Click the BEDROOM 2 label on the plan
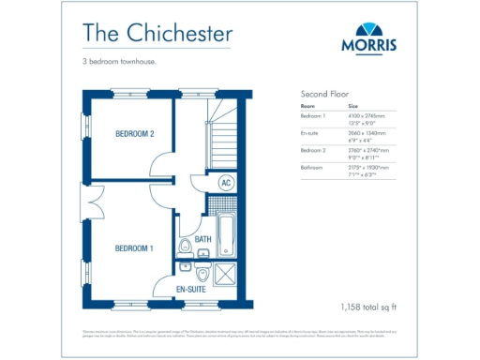pos(134,134)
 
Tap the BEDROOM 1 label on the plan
pos(134,247)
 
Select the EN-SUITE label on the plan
pos(191,291)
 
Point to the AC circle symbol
pos(226,183)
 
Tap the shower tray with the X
pos(227,276)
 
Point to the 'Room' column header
pos(307,106)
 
